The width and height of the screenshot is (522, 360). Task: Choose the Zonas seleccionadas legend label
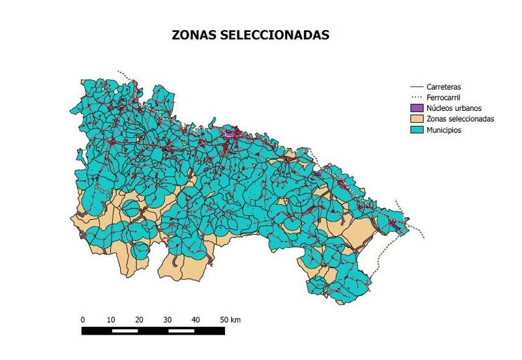click(460, 119)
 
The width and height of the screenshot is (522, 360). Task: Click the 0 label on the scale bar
click(83, 320)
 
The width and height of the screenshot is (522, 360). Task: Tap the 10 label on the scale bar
click(111, 320)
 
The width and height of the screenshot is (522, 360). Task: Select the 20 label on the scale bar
click(140, 320)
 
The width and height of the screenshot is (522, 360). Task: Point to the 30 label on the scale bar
click(168, 320)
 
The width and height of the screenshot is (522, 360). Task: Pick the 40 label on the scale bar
click(196, 320)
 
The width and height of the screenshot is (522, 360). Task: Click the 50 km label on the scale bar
click(229, 320)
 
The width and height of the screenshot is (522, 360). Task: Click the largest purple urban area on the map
click(230, 133)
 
